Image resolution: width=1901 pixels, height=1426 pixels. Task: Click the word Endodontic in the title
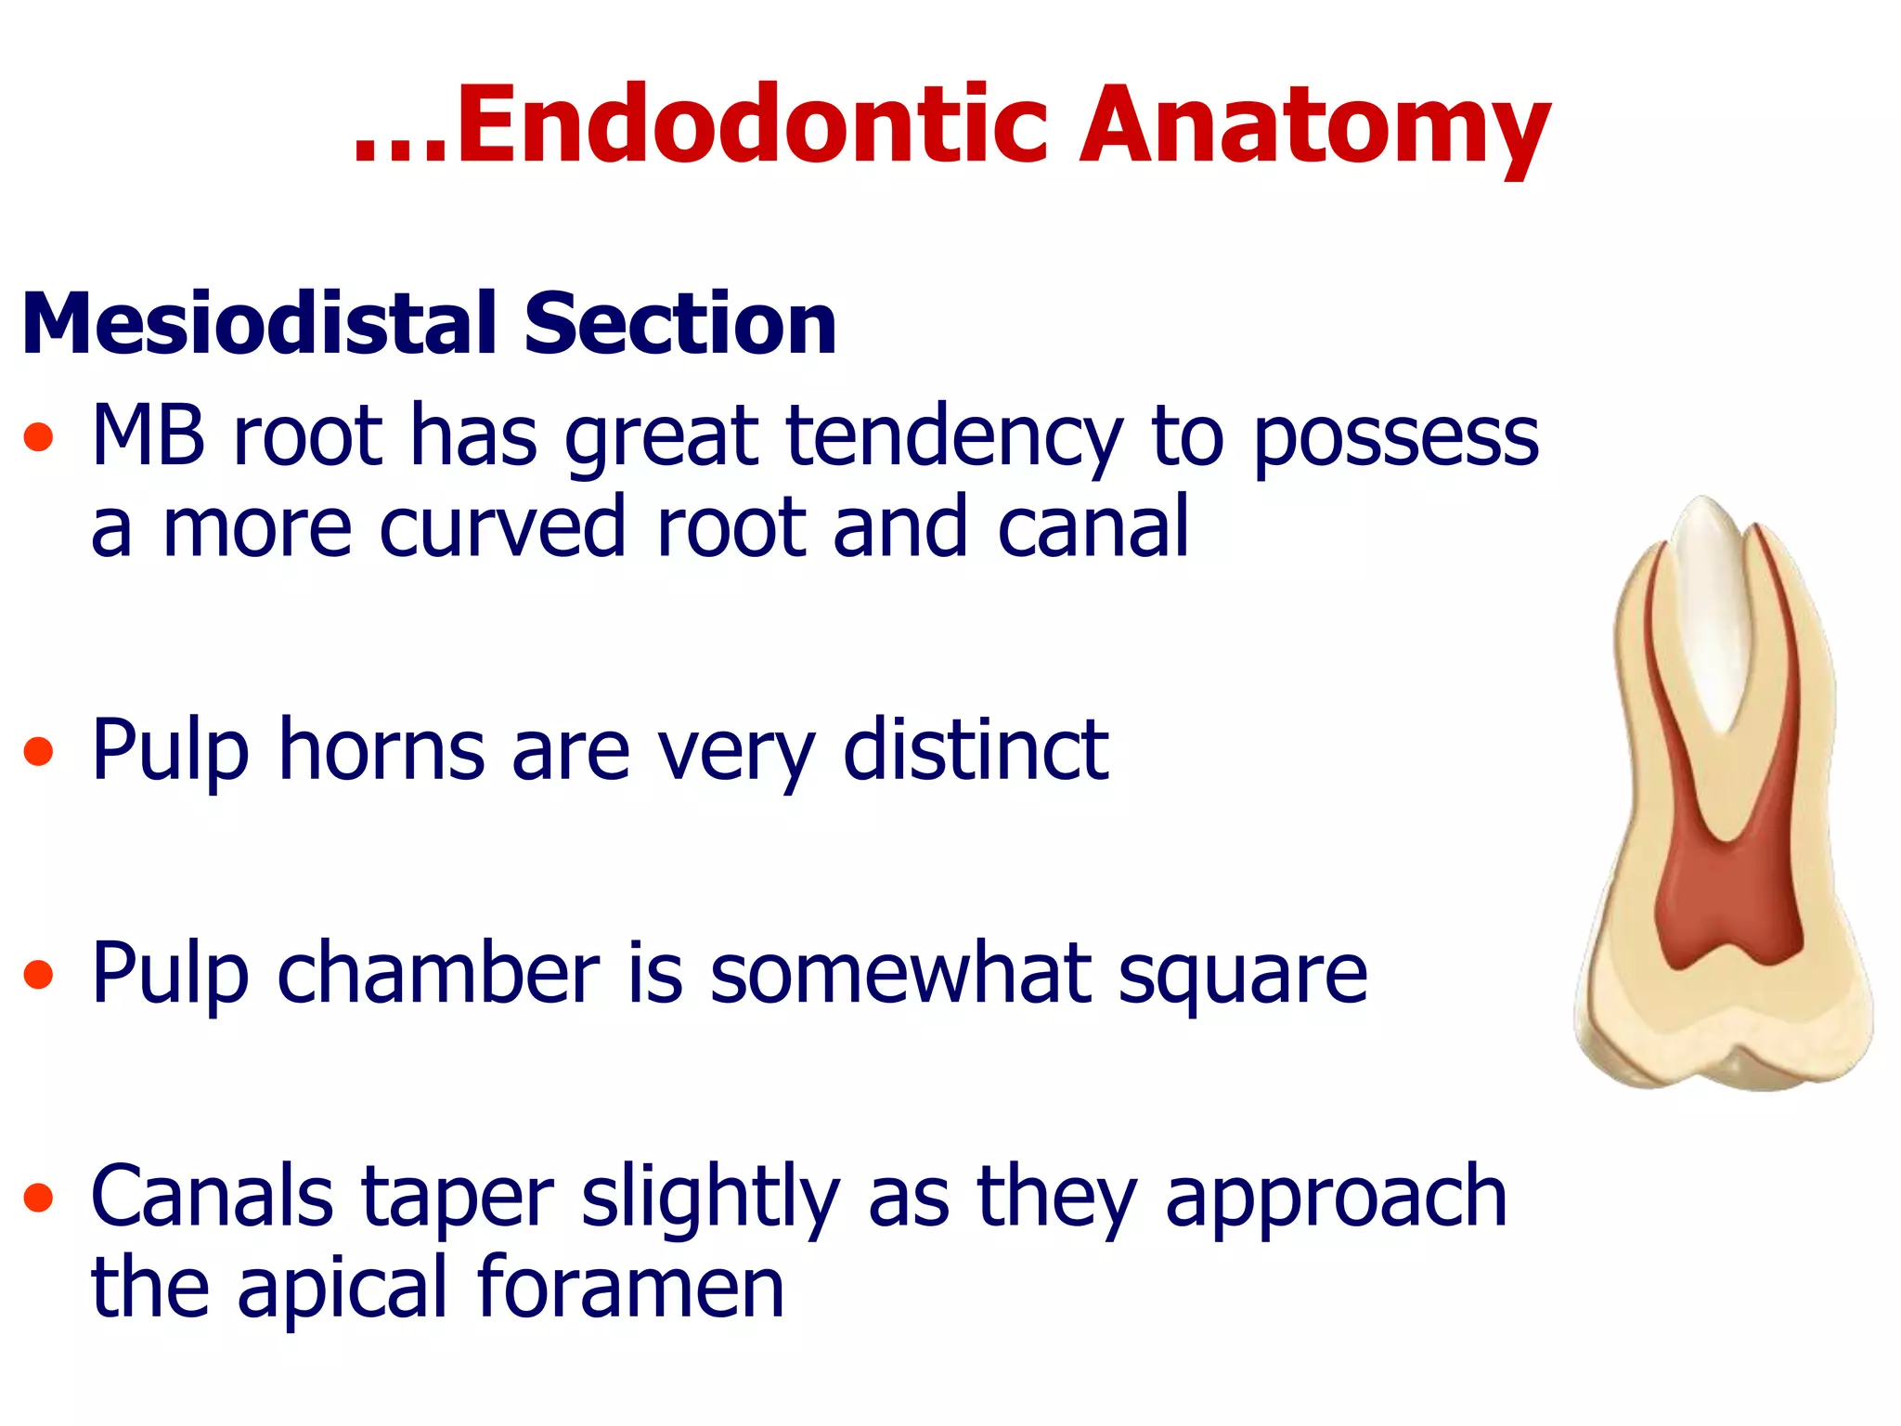[x=752, y=125]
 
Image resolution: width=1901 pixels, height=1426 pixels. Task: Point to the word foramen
[x=631, y=1288]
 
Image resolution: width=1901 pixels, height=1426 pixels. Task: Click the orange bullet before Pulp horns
[x=38, y=751]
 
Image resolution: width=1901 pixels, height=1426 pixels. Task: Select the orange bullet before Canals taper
[x=38, y=1198]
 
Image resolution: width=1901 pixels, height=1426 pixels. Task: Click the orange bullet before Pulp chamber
[x=38, y=975]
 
